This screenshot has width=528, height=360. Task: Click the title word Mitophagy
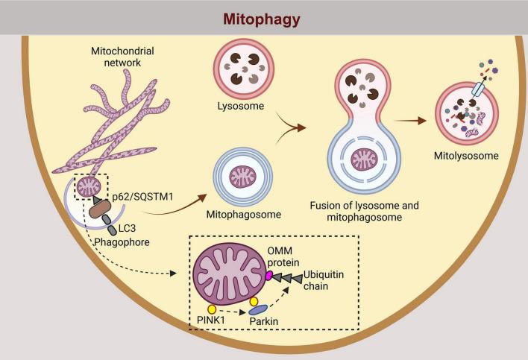263,16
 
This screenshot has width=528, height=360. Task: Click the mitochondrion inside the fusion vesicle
365,161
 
